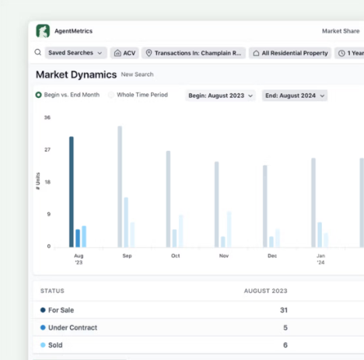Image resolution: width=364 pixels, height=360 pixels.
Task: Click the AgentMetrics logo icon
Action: click(x=43, y=31)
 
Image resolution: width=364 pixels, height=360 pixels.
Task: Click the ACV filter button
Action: click(x=124, y=53)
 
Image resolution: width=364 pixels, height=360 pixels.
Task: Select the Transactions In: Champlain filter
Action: click(x=194, y=53)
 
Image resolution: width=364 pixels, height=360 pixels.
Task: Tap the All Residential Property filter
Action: click(x=291, y=53)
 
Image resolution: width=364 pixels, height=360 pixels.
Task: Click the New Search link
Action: click(x=137, y=75)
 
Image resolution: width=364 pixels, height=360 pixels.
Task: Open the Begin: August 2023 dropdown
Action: click(x=220, y=96)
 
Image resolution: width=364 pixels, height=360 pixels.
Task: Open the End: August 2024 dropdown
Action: click(x=295, y=96)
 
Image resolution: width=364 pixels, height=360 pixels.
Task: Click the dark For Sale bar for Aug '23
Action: click(x=71, y=191)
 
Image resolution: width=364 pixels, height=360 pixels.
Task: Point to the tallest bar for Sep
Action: click(x=120, y=187)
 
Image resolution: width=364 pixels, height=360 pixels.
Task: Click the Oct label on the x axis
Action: click(x=176, y=256)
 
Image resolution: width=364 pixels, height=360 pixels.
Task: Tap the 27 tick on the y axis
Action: click(x=47, y=149)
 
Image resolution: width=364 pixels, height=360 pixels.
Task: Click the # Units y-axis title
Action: click(x=37, y=183)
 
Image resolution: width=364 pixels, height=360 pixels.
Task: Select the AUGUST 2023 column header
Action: click(x=265, y=291)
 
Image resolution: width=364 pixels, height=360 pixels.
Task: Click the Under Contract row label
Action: click(x=72, y=327)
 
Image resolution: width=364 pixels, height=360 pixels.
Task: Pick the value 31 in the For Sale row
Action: click(x=283, y=309)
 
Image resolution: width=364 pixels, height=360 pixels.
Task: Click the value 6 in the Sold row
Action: click(x=285, y=345)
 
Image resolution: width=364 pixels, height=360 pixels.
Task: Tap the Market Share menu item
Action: click(x=341, y=31)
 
